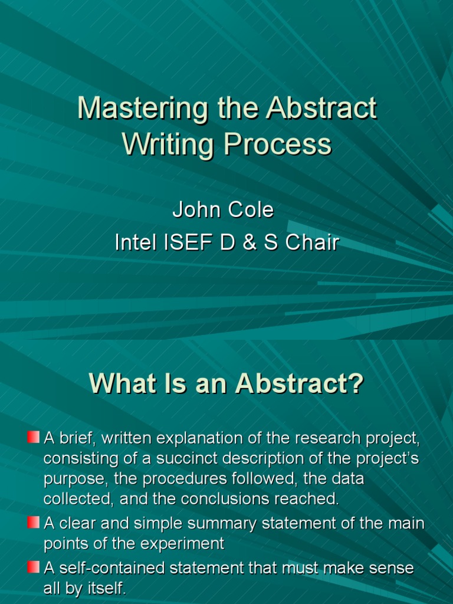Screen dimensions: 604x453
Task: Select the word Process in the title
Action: tap(277, 145)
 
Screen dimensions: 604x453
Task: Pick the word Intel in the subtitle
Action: tap(133, 242)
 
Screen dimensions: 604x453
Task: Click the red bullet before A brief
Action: tap(33, 438)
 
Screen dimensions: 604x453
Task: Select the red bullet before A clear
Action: tap(33, 522)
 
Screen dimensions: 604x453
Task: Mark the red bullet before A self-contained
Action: tap(33, 567)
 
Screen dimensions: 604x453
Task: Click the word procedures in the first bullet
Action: tap(178, 480)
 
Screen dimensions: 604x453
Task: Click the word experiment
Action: tap(185, 543)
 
